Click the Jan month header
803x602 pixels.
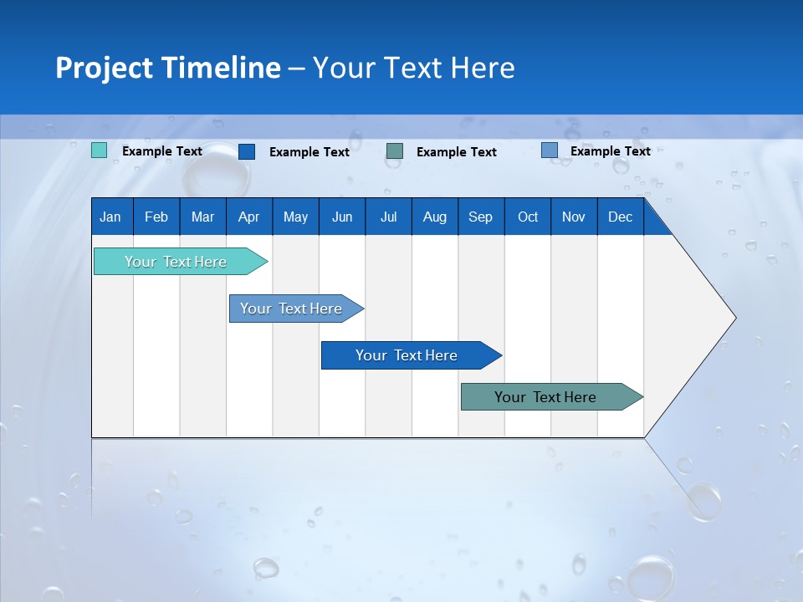[x=111, y=217]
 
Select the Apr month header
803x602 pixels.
[x=249, y=217]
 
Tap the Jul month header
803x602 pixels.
[x=388, y=217]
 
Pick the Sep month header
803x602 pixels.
[x=481, y=217]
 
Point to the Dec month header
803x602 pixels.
[x=620, y=217]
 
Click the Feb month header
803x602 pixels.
[x=156, y=217]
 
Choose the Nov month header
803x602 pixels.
[x=574, y=217]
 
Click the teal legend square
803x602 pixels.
[x=100, y=150]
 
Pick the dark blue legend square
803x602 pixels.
[x=247, y=151]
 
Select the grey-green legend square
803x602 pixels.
[x=395, y=151]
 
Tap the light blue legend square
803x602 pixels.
[x=550, y=150]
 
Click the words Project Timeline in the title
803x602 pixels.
[x=168, y=68]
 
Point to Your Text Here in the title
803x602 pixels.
[x=413, y=68]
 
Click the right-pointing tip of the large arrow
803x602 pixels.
[x=733, y=318]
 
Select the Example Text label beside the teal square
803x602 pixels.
[x=162, y=151]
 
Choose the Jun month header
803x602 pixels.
[x=342, y=217]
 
